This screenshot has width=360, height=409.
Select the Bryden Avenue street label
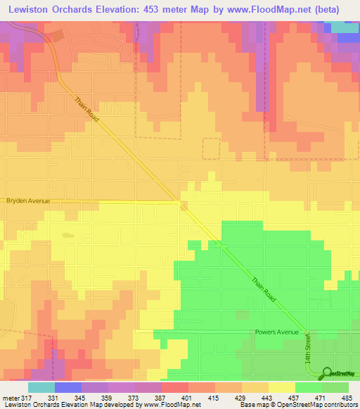[28, 201]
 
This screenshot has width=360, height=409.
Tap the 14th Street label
[307, 349]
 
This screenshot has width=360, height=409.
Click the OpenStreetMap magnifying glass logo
[327, 373]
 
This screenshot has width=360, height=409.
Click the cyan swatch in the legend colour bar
[41, 388]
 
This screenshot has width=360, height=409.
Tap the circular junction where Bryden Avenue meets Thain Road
[183, 204]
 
